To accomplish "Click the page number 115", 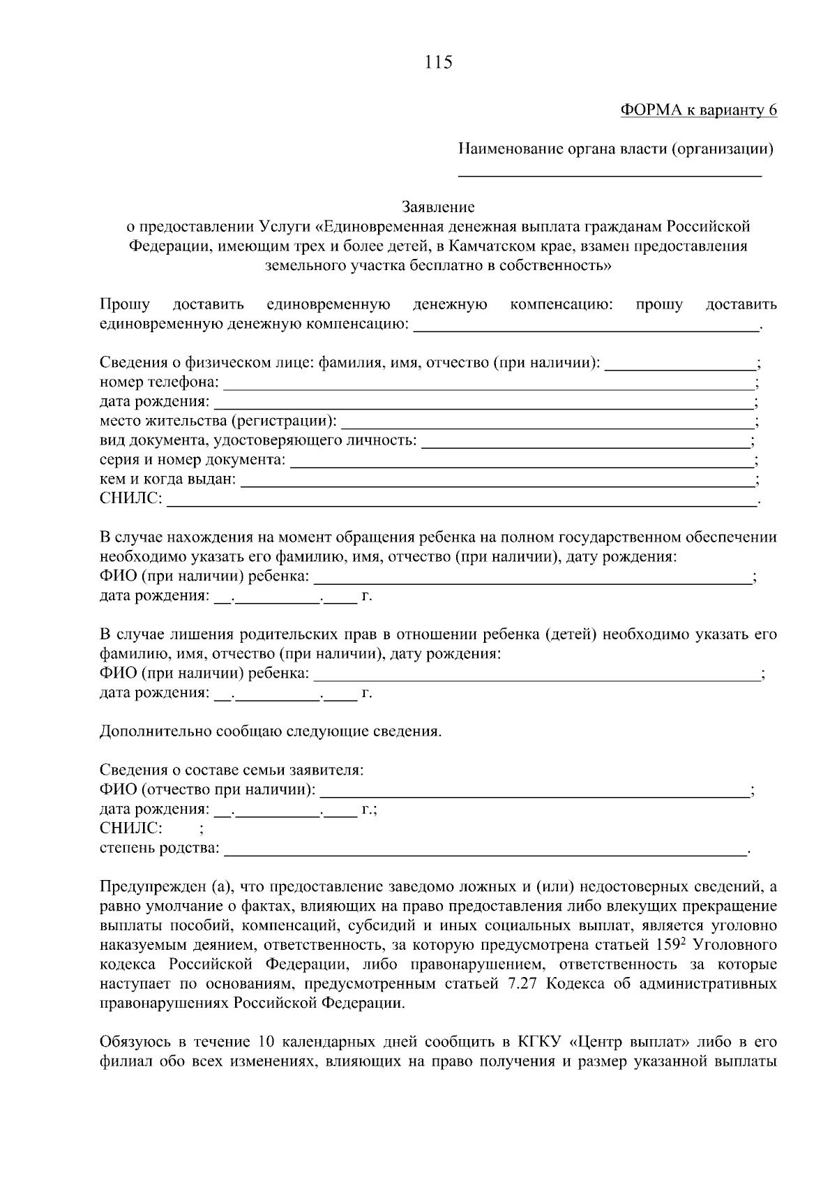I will coord(438,63).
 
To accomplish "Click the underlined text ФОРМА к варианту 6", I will coord(698,110).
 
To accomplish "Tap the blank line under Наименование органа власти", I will coord(609,173).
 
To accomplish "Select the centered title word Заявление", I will coord(438,207).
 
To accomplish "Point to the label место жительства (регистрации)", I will coord(218,422).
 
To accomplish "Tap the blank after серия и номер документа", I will coord(522,461).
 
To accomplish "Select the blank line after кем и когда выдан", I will coord(497,480).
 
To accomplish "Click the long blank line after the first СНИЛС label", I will coord(462,500).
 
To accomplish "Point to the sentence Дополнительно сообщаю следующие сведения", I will coord(271,732).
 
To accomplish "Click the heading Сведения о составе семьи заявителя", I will coord(232,770).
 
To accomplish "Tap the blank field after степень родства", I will coord(485,849).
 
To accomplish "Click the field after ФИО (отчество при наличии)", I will coord(534,791).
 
